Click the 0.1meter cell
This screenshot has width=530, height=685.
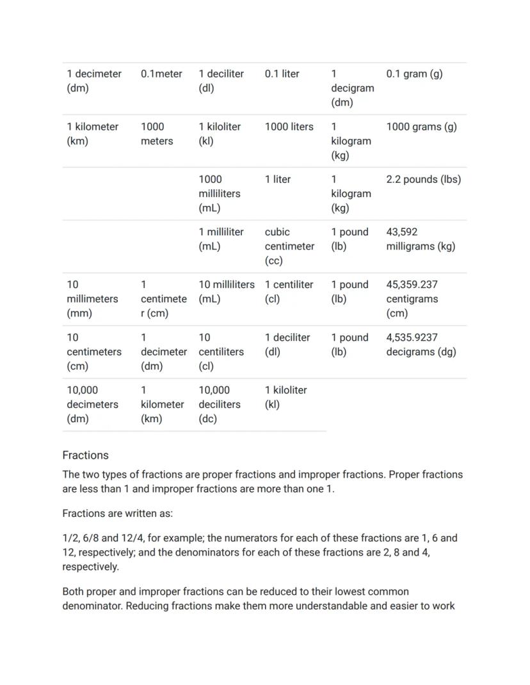[x=161, y=74]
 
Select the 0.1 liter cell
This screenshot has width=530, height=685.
[x=282, y=74]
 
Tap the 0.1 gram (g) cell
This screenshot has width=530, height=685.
[x=414, y=74]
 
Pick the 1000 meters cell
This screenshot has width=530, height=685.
[x=157, y=134]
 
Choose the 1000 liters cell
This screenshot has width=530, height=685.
[x=289, y=127]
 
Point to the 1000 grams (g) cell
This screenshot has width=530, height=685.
[x=421, y=127]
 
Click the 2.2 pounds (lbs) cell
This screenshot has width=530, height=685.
[x=423, y=180]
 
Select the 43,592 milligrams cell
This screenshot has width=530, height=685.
[x=421, y=239]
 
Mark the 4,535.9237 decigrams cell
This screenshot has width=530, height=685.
[x=421, y=345]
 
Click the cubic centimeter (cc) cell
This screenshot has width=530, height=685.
[x=289, y=246]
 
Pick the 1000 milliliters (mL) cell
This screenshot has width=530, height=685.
[x=220, y=194]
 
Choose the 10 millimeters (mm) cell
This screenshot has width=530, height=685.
[x=92, y=299]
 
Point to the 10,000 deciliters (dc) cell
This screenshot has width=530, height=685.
[x=220, y=404]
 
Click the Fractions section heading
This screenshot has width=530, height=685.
[x=85, y=455]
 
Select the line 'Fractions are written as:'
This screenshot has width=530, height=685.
[x=117, y=514]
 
